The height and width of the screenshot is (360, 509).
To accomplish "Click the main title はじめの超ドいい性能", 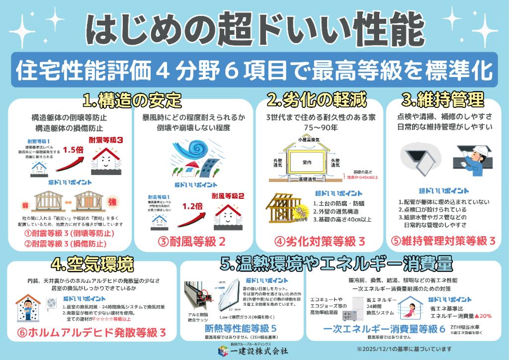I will point(254,29).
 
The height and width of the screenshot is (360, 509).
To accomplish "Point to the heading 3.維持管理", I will point(443,100).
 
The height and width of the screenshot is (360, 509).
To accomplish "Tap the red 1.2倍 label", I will point(193,205).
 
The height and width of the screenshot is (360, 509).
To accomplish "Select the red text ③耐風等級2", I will point(192,242).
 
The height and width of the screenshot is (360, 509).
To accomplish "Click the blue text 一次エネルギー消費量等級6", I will point(384,329).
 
